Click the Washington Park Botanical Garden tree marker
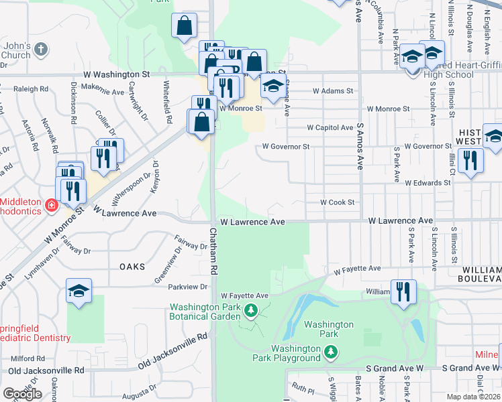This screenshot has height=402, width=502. tap(250, 310)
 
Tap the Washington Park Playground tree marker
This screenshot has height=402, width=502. tap(330, 351)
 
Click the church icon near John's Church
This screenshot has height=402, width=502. tap(41, 48)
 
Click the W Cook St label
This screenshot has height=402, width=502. tap(337, 202)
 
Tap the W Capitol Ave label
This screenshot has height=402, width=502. tap(330, 127)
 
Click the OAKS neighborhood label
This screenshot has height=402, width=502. tap(132, 267)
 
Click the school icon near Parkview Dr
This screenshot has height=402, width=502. tap(79, 291)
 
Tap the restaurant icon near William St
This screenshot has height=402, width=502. tap(403, 291)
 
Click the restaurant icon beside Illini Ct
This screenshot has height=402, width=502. tap(470, 160)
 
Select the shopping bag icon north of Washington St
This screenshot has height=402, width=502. tap(184, 26)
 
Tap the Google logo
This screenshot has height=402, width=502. tap(23, 394)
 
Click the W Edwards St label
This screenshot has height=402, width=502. tap(427, 182)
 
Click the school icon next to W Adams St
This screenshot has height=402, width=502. tap(272, 86)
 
